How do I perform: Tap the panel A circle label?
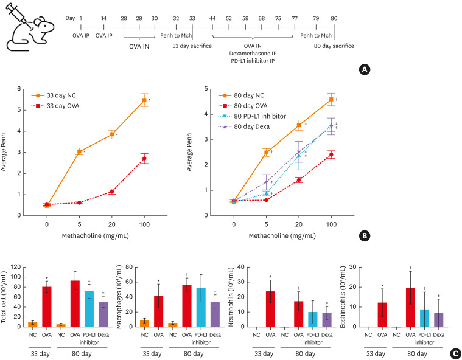pyautogui.click(x=365, y=69)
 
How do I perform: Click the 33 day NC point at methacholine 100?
pyautogui.click(x=144, y=100)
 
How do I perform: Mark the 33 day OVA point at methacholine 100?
pyautogui.click(x=144, y=158)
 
